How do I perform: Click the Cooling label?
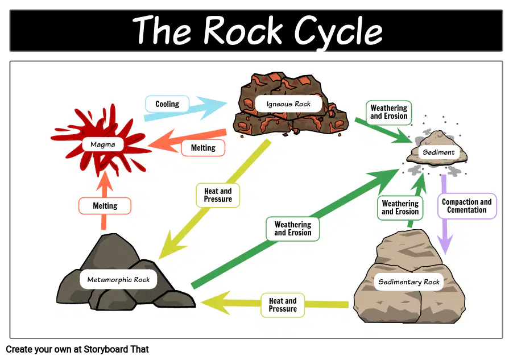[x=167, y=104]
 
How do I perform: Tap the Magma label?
[x=103, y=144]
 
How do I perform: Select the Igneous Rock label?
[x=288, y=104]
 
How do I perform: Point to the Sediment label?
[x=438, y=152]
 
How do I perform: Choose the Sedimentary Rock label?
[x=409, y=282]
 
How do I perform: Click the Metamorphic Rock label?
[x=118, y=279]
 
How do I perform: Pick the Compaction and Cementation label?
[x=467, y=206]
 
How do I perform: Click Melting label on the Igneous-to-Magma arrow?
[x=203, y=148]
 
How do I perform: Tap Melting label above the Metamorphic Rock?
[x=105, y=205]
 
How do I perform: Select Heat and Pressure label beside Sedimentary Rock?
[x=283, y=305]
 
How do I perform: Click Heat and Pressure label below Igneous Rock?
[x=218, y=195]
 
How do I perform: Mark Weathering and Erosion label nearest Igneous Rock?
[x=388, y=112]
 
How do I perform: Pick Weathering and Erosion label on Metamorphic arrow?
[x=293, y=229]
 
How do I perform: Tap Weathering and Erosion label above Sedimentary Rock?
[x=400, y=208]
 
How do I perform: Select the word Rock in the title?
[x=242, y=30]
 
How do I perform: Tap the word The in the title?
[x=162, y=30]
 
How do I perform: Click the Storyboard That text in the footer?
[x=116, y=349]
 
